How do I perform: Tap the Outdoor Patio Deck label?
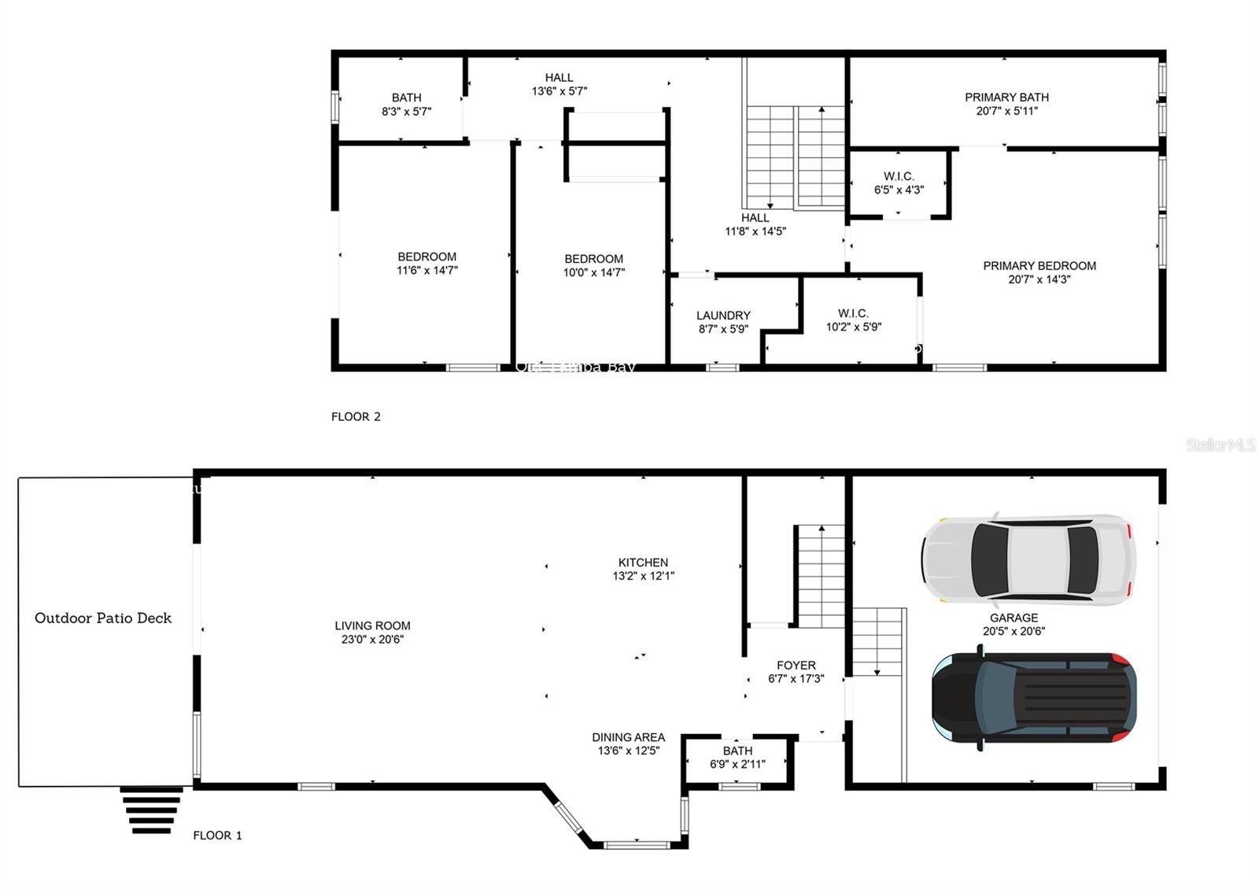(103, 618)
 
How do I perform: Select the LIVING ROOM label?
(372, 626)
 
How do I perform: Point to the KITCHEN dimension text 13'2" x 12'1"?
(643, 576)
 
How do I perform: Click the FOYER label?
(796, 666)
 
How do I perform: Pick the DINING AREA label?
(628, 738)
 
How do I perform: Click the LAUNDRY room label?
(723, 315)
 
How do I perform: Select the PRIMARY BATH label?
(1006, 98)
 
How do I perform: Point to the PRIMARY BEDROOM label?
(1039, 266)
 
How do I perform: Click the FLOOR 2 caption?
(356, 417)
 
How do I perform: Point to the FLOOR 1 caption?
(217, 836)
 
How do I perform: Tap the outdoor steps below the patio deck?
(151, 810)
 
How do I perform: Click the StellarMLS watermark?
(1220, 445)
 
